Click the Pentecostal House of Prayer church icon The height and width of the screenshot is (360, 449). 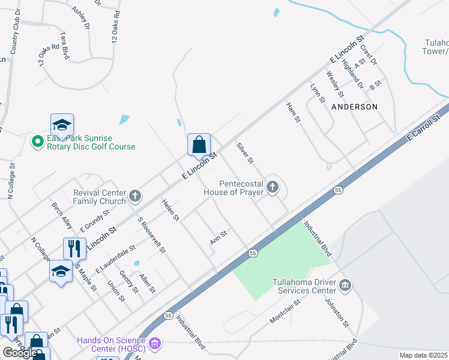tap(273, 188)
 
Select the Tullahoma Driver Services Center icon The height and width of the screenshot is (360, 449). tap(345, 284)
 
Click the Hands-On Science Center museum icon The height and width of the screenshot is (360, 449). tap(155, 344)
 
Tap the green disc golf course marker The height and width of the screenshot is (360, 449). tap(37, 141)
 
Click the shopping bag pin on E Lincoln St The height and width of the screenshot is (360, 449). tap(199, 145)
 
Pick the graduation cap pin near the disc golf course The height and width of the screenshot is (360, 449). tap(62, 125)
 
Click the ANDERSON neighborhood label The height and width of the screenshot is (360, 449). tap(354, 106)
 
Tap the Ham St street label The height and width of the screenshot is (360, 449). tap(292, 112)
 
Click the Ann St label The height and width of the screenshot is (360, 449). tap(218, 238)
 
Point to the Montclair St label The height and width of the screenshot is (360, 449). tap(285, 310)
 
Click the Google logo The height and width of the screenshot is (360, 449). tap(19, 353)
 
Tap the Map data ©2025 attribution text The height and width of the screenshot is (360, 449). tap(423, 355)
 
